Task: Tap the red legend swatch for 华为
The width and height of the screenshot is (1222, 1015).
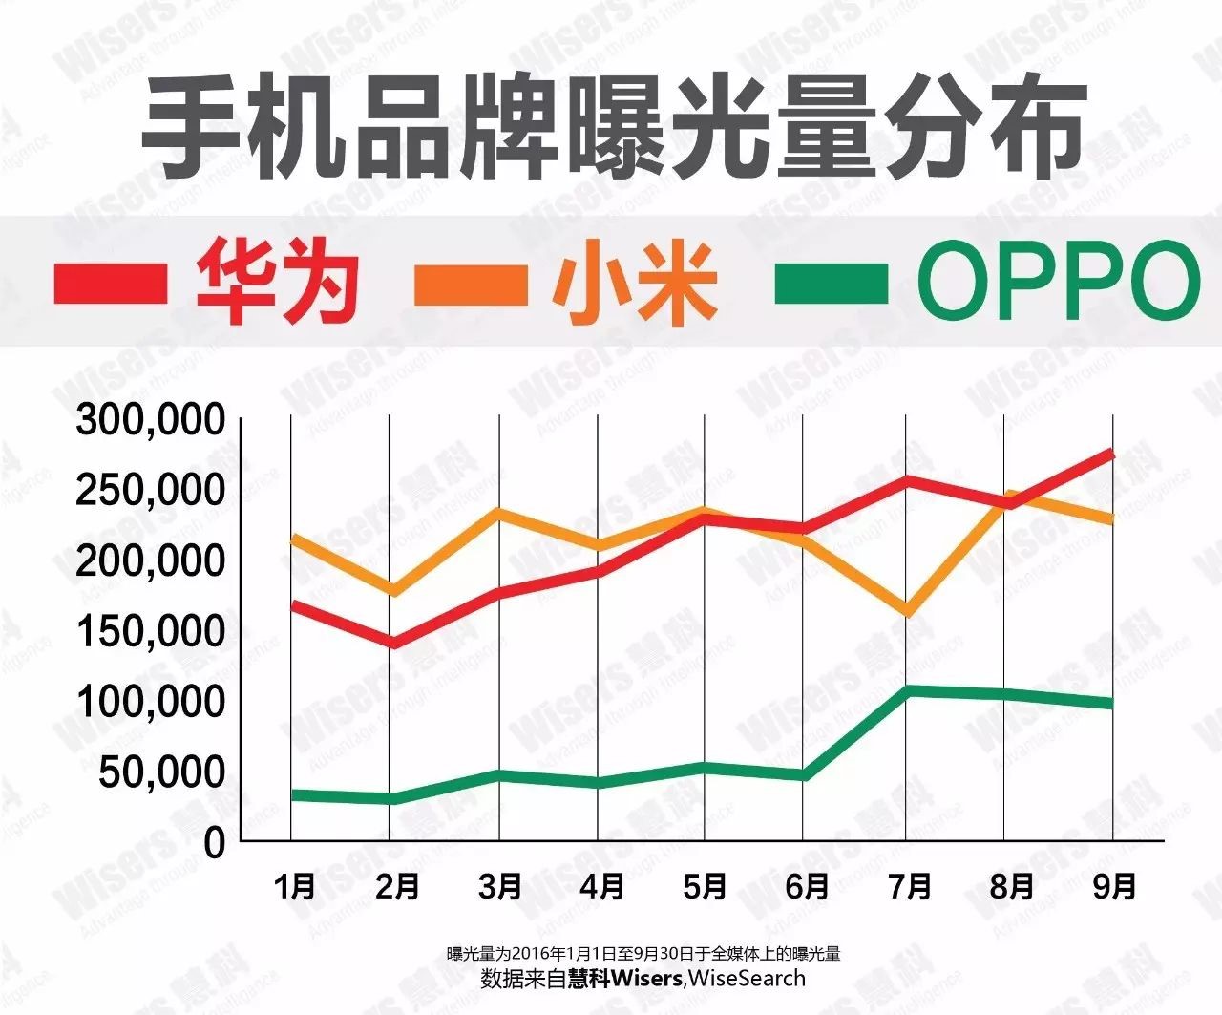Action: pyautogui.click(x=111, y=284)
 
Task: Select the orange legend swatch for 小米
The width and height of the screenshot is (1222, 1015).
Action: pyautogui.click(x=471, y=284)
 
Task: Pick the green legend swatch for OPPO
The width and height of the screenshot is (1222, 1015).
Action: pyautogui.click(x=831, y=284)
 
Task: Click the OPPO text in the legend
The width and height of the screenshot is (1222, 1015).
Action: pyautogui.click(x=1058, y=282)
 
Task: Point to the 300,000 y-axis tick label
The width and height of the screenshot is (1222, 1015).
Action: pyautogui.click(x=152, y=420)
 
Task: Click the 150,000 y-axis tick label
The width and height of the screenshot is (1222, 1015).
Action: pyautogui.click(x=152, y=631)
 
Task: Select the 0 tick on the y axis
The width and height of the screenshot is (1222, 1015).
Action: pyautogui.click(x=214, y=843)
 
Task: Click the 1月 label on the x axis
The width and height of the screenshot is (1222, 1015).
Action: pyautogui.click(x=295, y=887)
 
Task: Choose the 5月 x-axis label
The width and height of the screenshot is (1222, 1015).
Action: pyautogui.click(x=705, y=887)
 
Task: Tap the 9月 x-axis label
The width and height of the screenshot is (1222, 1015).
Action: pyautogui.click(x=1113, y=887)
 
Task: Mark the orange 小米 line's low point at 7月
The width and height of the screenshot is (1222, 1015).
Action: pyautogui.click(x=908, y=611)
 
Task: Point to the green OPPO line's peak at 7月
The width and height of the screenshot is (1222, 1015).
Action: pyautogui.click(x=908, y=689)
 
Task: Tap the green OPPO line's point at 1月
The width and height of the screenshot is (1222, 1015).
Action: pyautogui.click(x=295, y=794)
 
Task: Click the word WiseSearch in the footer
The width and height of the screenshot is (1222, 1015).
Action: pyautogui.click(x=747, y=979)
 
